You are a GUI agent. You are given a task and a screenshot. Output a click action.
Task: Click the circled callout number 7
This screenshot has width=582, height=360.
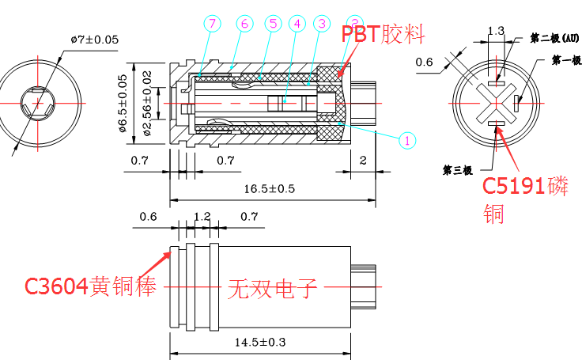point(213,24)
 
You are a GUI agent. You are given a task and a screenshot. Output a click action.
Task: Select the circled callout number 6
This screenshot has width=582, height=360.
point(243,24)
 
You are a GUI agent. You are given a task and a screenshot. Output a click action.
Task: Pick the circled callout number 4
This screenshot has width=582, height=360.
point(297,24)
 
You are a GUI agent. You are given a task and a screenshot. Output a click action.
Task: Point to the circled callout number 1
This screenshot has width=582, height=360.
point(406,140)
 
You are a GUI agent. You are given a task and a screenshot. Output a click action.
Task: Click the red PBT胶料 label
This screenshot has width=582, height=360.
point(384,34)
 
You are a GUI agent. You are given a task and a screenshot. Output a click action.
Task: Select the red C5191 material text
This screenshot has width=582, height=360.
point(525,187)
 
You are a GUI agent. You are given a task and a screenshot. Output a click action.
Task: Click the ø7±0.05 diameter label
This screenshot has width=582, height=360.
point(94,39)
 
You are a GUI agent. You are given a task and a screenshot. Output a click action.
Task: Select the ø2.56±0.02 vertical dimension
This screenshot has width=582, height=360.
point(147,103)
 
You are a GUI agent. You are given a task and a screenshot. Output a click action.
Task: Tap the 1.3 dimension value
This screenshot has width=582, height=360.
point(496,32)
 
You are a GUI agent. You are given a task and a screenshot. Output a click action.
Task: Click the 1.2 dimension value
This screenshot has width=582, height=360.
point(202,216)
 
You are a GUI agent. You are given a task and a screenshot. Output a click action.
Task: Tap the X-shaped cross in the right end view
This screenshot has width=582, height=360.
point(496,104)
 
